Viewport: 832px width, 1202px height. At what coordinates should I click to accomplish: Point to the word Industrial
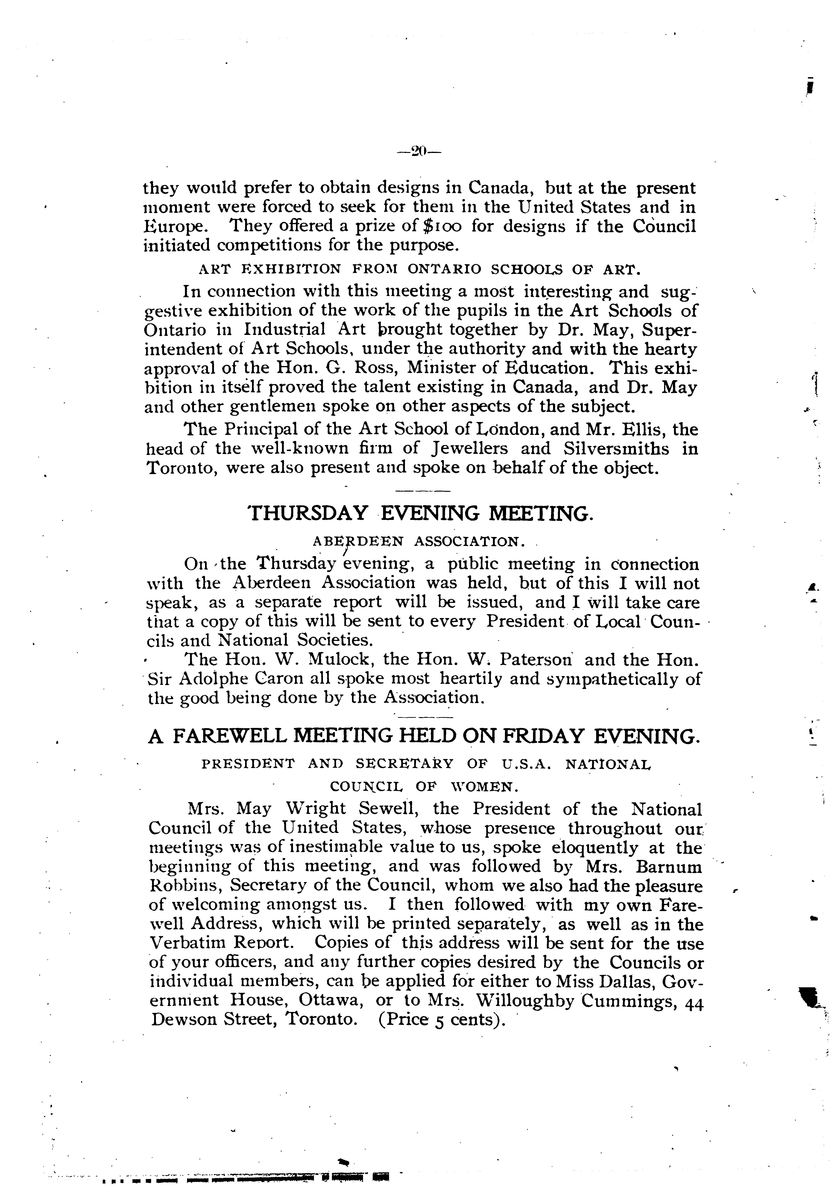pos(284,329)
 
